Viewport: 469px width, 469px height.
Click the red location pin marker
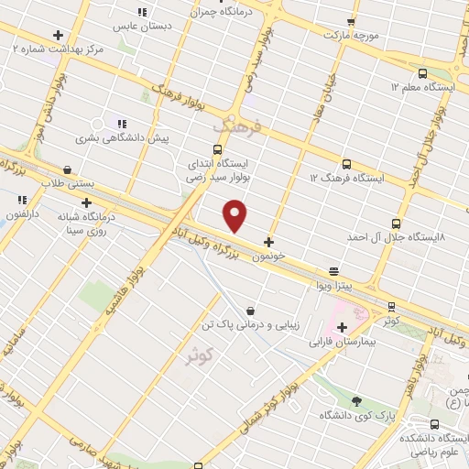coord(235,214)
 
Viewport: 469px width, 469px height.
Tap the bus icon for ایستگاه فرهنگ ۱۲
coord(345,164)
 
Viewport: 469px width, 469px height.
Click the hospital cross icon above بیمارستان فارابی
coord(342,327)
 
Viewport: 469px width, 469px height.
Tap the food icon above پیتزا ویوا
coord(334,271)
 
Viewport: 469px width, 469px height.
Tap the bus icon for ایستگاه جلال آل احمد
coord(396,224)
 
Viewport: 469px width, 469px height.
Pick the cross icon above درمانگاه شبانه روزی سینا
coord(86,202)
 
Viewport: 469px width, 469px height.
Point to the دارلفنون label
coord(21,212)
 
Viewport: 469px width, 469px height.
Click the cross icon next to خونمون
coord(268,243)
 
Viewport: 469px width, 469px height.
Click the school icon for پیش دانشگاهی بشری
coord(121,124)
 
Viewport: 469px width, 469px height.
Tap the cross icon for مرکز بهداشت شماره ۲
coord(58,35)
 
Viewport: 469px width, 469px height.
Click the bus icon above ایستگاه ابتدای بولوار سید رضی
coord(217,149)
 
